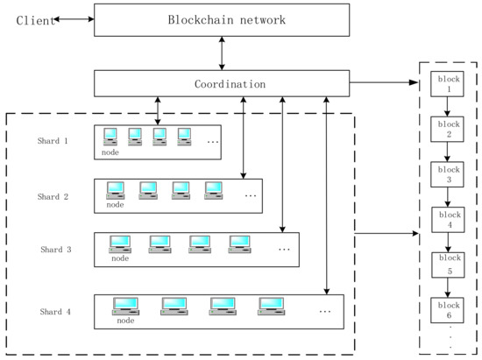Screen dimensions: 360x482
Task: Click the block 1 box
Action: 449,85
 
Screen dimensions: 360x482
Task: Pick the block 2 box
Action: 449,130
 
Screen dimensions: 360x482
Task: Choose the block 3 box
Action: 449,174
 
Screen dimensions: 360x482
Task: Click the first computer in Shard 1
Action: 111,136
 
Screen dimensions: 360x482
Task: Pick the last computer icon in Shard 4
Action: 272,306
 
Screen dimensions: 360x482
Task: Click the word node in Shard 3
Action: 120,258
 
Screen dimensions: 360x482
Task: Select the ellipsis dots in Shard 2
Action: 251,194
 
